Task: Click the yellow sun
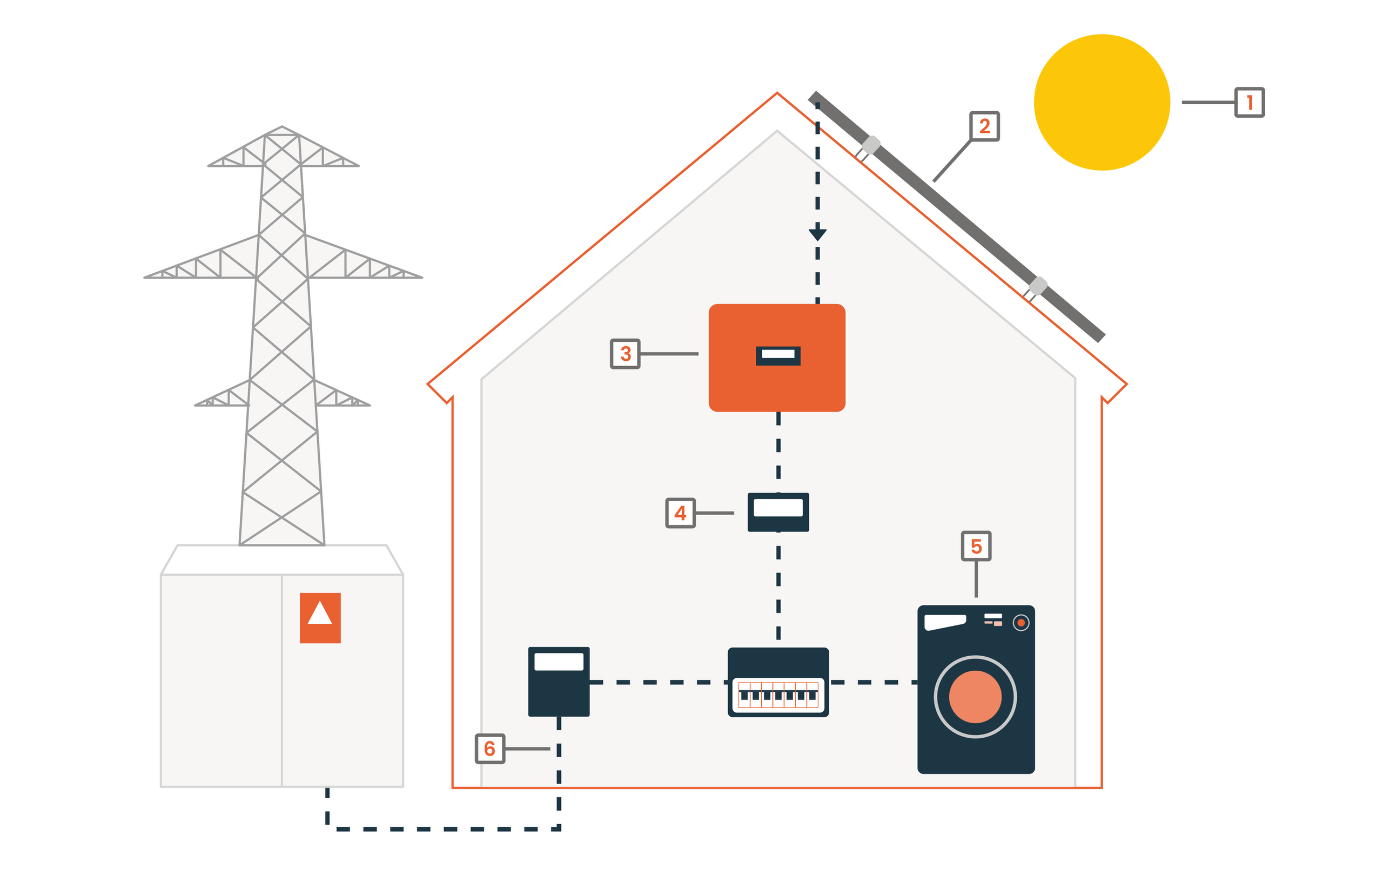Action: point(1102,102)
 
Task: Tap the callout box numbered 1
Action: point(1250,102)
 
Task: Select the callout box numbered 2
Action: point(984,126)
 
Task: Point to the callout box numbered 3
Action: point(625,354)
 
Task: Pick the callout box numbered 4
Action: point(681,513)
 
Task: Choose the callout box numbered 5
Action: point(976,546)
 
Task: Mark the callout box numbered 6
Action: point(490,749)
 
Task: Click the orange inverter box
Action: point(776,358)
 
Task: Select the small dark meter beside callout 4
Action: point(778,512)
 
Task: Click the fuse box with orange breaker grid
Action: point(778,682)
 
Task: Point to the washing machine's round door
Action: point(975,697)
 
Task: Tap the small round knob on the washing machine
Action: point(1021,623)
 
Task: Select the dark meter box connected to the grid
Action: point(559,682)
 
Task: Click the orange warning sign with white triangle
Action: point(320,618)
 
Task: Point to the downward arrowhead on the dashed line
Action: point(817,235)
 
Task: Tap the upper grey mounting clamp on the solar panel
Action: point(871,145)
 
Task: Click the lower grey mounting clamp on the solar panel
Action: point(1038,286)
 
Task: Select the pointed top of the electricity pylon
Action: point(281,127)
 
